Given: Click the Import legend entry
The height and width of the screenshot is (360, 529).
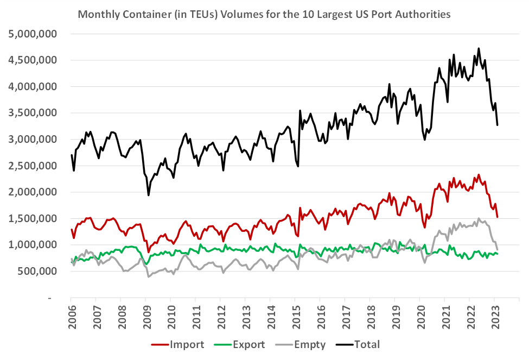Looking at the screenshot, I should coord(187,344).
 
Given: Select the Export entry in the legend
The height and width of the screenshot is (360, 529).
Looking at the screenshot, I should coord(250,344).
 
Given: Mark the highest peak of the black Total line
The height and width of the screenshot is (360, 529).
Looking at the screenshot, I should coord(479,48).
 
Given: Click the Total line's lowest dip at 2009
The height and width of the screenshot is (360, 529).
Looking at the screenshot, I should coord(149,195).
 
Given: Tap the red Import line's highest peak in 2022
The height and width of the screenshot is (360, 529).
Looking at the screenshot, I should coord(479,175).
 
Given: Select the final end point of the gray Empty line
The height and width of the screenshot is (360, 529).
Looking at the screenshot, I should coord(498,249).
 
